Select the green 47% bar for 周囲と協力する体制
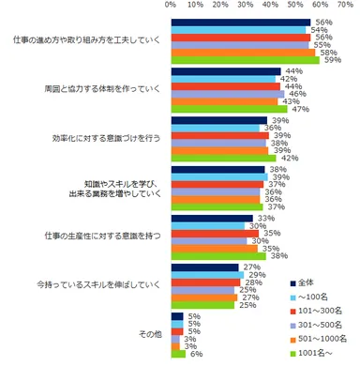click(230, 109)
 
